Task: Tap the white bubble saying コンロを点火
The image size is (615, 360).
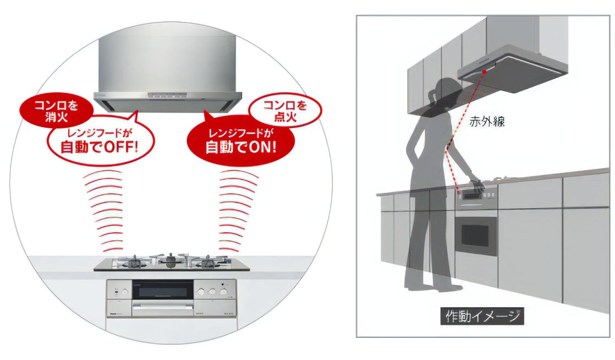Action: pyautogui.click(x=284, y=111)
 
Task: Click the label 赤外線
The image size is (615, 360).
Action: pyautogui.click(x=487, y=122)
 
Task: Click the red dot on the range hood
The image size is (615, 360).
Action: pyautogui.click(x=484, y=72)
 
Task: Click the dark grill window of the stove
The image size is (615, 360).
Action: pyautogui.click(x=163, y=290)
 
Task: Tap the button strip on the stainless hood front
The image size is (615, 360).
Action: pyautogui.click(x=167, y=96)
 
